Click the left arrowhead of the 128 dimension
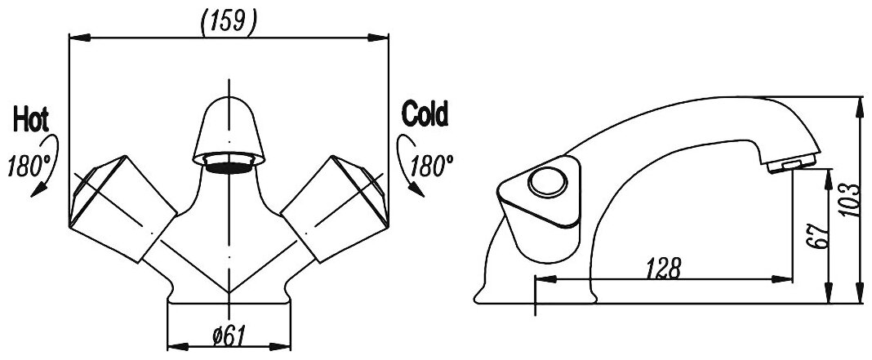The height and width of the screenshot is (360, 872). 542,280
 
